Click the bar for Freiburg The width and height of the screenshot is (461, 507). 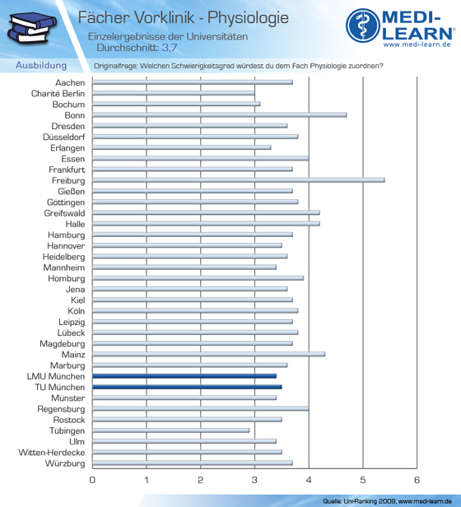click(239, 180)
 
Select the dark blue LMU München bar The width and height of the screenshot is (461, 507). click(184, 376)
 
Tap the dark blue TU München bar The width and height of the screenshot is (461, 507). click(187, 387)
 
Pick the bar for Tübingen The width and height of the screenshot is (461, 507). click(170, 430)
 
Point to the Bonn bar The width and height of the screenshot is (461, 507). click(219, 114)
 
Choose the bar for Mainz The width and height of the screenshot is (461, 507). click(208, 354)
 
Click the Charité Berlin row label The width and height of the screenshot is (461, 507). click(58, 94)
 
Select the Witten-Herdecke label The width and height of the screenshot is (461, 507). click(52, 453)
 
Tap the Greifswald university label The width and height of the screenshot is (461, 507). click(65, 213)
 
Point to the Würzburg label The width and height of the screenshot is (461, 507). click(65, 463)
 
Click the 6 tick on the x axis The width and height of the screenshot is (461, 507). click(417, 480)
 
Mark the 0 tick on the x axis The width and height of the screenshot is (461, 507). click(92, 480)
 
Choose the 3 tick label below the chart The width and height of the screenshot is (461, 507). click(254, 480)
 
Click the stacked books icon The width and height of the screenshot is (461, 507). click(31, 27)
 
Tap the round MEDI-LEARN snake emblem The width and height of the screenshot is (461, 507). click(363, 26)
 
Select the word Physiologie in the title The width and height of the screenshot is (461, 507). click(248, 17)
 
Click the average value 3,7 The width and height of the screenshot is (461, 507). click(170, 48)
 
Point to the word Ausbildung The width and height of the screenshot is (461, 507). click(41, 65)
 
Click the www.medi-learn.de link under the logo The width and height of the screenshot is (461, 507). click(417, 44)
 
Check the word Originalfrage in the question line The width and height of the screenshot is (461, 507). click(115, 66)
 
